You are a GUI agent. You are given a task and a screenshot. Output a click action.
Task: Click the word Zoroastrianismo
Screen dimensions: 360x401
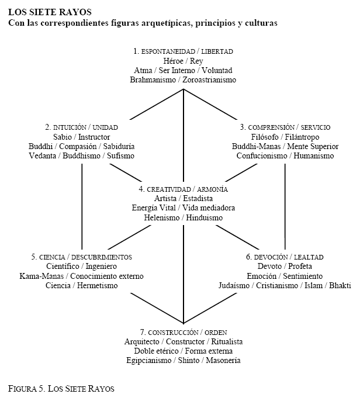pos(209,79)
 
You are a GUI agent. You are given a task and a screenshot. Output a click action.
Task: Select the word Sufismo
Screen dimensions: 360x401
pos(120,155)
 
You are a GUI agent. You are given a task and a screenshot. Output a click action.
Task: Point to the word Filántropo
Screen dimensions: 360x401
pos(302,137)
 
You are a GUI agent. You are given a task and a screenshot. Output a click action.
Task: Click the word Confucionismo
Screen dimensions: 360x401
pos(262,155)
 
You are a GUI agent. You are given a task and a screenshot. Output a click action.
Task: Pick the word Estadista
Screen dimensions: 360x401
pos(198,199)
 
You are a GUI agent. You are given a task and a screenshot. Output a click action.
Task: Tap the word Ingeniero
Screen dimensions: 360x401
pos(101,266)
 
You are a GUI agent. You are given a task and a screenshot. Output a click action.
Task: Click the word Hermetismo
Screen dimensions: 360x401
pos(98,285)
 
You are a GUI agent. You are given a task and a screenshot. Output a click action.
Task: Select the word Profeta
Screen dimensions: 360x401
pos(300,266)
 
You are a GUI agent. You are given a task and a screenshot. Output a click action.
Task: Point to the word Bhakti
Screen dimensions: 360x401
pos(340,285)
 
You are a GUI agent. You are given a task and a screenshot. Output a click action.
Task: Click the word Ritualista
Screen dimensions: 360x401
pos(227,341)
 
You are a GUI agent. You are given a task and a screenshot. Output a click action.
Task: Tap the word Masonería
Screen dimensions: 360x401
pos(223,360)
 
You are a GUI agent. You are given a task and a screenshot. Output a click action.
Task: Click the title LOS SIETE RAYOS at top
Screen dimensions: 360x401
pos(50,12)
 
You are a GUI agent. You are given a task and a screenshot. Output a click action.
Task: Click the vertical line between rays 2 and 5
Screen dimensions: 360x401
pos(82,206)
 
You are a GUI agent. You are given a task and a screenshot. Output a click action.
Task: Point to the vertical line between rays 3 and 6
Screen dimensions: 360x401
pos(285,206)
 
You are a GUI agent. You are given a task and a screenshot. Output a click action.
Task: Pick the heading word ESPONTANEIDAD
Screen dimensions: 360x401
pos(168,51)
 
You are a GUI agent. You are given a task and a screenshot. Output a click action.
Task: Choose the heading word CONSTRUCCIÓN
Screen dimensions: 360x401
pos(174,333)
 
